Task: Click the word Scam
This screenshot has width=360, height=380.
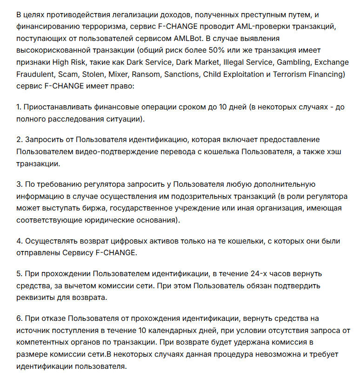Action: coord(67,74)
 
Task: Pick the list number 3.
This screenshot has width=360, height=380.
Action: coord(19,185)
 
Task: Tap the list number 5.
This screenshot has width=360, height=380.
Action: coord(19,273)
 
